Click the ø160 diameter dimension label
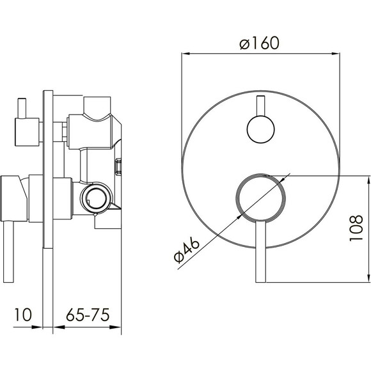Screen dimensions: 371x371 [260, 43]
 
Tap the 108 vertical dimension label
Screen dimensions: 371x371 [356, 228]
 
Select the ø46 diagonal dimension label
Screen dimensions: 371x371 [187, 251]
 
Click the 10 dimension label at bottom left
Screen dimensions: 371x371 [23, 315]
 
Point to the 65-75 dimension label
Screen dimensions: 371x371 [88, 315]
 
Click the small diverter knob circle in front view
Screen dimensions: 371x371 [260, 129]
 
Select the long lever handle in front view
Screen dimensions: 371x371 [261, 252]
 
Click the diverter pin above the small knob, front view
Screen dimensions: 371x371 [260, 106]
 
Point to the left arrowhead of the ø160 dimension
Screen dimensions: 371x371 [186, 54]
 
